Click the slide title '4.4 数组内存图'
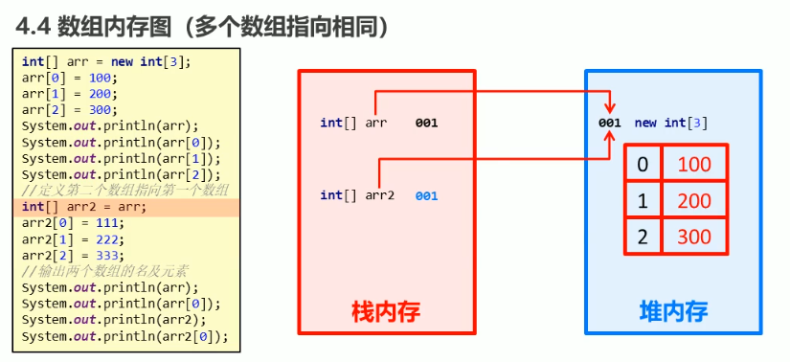point(101,27)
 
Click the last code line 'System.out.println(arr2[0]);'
point(124,335)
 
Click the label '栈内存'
point(386,311)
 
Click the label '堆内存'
point(673,311)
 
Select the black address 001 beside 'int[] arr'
point(427,123)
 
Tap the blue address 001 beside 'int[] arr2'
point(427,195)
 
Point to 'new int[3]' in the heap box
point(671,123)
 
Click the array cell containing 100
point(694,165)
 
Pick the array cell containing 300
point(694,236)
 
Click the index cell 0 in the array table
point(643,165)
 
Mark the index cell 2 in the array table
point(643,236)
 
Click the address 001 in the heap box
point(610,123)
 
